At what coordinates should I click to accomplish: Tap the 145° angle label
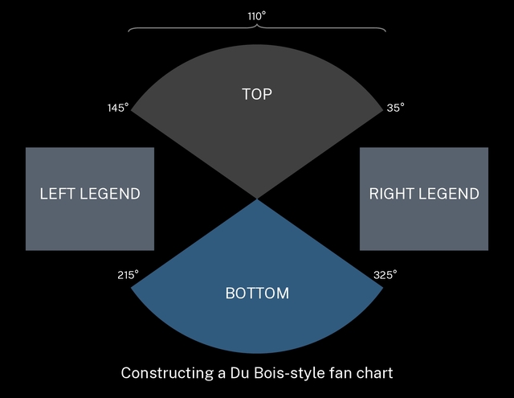(117, 107)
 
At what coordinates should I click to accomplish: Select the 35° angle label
(395, 107)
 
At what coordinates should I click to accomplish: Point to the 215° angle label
(128, 274)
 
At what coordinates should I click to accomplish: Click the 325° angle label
(385, 274)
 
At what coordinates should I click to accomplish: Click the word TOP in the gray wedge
(257, 94)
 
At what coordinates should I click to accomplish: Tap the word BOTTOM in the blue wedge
(257, 293)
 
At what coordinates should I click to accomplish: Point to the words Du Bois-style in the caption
(273, 373)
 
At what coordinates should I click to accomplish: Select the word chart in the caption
(374, 373)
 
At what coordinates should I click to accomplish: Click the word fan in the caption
(339, 373)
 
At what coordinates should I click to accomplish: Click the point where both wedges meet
(257, 199)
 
